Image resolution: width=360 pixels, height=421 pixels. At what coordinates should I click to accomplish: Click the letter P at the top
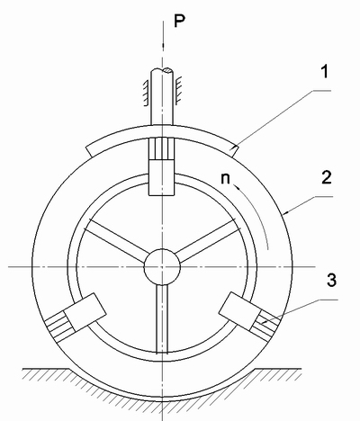tap(180, 21)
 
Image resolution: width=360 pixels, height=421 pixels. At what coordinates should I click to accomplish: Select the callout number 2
tap(326, 177)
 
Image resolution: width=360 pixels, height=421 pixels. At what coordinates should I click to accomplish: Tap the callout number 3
tap(331, 280)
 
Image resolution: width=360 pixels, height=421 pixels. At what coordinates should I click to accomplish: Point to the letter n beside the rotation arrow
tap(225, 178)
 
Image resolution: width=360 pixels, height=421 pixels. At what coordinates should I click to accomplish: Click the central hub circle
tap(162, 266)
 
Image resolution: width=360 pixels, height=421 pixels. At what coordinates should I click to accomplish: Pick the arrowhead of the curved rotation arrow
tap(238, 188)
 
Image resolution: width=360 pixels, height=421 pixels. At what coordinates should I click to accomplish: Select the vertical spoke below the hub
tap(162, 318)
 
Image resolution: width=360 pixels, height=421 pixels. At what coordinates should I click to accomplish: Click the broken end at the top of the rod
tap(162, 71)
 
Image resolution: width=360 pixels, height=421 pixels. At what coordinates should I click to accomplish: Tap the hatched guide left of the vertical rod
tap(146, 93)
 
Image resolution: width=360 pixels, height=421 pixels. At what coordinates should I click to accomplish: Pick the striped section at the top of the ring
tap(162, 149)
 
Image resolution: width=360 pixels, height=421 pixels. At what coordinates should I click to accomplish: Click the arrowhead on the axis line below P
tap(163, 45)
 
